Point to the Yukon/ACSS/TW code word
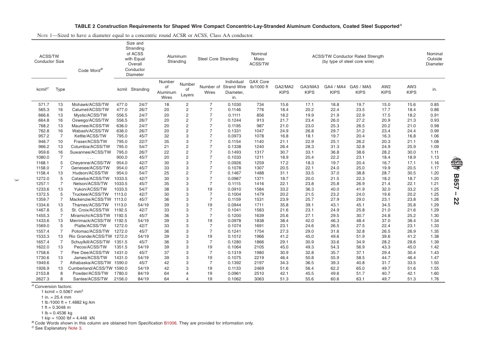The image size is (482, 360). tap(90, 189)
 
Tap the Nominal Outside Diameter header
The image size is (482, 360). tap(434, 59)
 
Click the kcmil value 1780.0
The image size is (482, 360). tap(121, 273)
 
